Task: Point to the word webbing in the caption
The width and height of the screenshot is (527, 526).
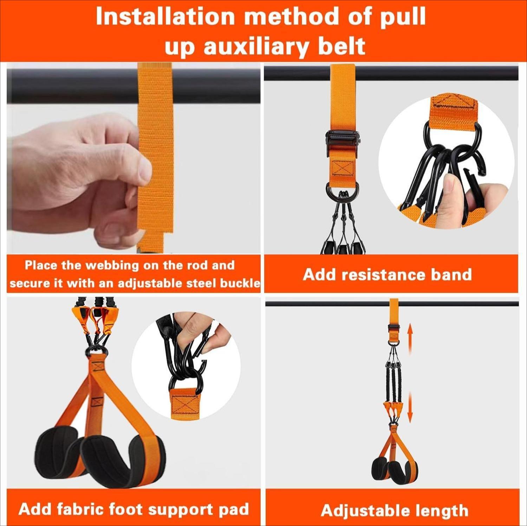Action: [x=112, y=265]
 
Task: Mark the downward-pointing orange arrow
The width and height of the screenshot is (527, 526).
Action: [x=410, y=408]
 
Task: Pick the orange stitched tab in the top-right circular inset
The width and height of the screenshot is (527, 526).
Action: [x=453, y=107]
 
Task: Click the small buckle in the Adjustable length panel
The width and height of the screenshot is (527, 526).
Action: [x=394, y=329]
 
